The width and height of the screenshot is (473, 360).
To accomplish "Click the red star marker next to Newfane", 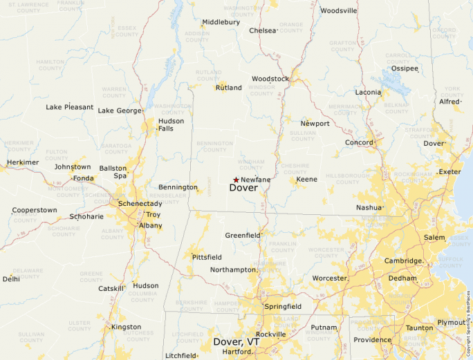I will [236, 180].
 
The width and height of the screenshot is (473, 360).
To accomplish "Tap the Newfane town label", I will [255, 180].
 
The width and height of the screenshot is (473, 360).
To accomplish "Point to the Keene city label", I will [306, 180].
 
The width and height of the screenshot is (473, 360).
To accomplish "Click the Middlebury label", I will [221, 22].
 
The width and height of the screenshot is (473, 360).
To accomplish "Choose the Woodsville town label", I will [338, 11].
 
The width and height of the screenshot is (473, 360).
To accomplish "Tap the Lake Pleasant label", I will [69, 107].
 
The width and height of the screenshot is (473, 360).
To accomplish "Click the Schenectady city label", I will [140, 205].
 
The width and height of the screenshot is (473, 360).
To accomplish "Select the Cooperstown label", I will [35, 210].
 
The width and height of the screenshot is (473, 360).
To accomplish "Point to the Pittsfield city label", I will [207, 257].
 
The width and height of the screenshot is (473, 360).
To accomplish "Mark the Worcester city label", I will [329, 278].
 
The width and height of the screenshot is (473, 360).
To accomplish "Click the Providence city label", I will [372, 340].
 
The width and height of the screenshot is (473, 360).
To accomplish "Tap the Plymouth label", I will [451, 323].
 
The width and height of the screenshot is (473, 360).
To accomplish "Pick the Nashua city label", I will [369, 207].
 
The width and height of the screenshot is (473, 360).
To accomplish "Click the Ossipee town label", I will [405, 68].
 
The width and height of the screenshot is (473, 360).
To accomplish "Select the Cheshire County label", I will [295, 169].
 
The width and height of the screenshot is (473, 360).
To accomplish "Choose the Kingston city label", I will [126, 327].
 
